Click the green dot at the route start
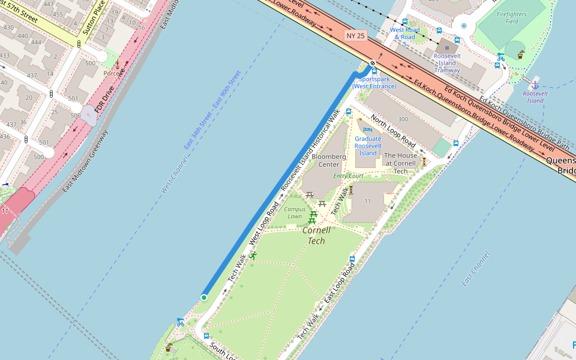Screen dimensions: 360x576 [204, 298]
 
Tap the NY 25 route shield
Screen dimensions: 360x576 [355, 36]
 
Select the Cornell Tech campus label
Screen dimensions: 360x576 [316, 235]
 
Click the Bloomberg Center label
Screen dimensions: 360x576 [329, 160]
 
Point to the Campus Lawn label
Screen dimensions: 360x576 [295, 212]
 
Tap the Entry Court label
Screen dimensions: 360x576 [349, 176]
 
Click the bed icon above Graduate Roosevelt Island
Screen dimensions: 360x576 [368, 129]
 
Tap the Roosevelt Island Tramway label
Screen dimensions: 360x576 [446, 63]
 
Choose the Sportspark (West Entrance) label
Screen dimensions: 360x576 [374, 83]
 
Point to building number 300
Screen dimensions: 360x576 [403, 119]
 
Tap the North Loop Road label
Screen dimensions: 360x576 [393, 131]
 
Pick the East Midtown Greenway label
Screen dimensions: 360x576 [85, 161]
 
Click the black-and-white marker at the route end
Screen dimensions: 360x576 [373, 63]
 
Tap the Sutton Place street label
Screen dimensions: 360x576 [94, 18]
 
